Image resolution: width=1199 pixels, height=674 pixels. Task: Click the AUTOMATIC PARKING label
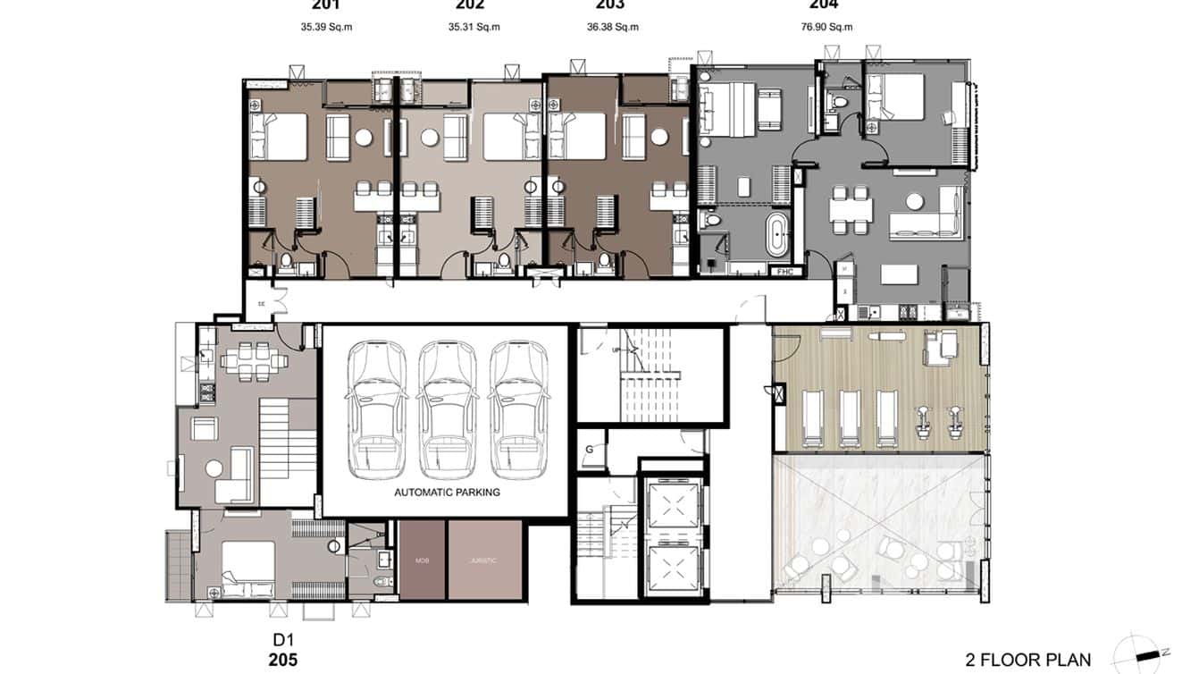tap(447, 492)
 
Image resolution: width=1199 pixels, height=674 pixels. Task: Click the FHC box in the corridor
tap(785, 271)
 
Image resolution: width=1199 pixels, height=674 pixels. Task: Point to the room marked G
tap(590, 450)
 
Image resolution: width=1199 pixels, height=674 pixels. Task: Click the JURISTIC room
tap(483, 560)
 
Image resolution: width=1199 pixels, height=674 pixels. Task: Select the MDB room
tap(422, 560)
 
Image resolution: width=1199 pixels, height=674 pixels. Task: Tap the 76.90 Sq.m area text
tap(826, 27)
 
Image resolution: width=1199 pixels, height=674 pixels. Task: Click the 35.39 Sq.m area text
tap(326, 27)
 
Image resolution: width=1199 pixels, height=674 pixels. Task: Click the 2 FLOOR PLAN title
tap(1027, 661)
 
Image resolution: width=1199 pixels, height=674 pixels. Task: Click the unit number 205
tap(282, 661)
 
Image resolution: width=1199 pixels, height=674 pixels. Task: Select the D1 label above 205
tap(282, 641)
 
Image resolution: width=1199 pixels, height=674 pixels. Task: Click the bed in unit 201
tap(281, 137)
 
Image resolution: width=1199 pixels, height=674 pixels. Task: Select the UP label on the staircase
tap(616, 350)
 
